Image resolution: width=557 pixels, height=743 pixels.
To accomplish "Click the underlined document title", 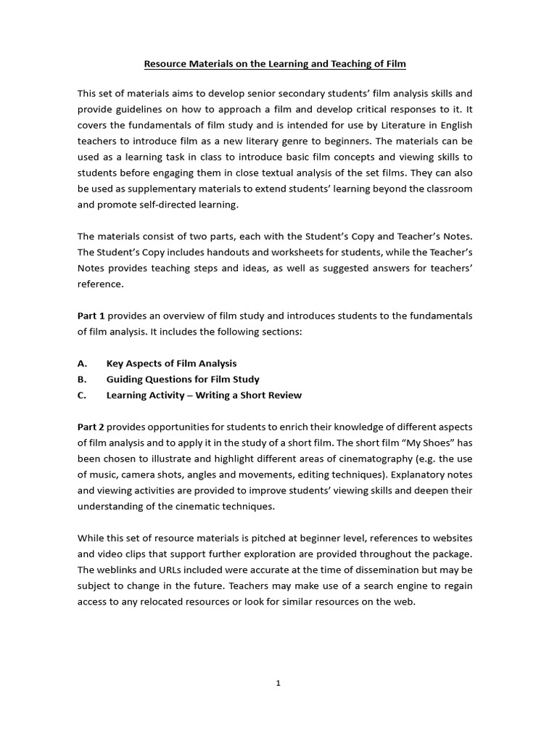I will [x=275, y=64].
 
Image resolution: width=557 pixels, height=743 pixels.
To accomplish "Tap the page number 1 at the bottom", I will [x=278, y=683].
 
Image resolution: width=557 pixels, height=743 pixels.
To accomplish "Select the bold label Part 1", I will [x=91, y=316].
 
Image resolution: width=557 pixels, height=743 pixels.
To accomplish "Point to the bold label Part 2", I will [x=91, y=426].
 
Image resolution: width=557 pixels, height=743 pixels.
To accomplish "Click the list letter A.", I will [x=81, y=364].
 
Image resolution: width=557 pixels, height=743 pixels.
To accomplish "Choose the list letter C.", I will [x=81, y=395].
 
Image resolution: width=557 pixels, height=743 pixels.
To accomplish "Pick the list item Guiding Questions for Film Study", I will [x=183, y=379].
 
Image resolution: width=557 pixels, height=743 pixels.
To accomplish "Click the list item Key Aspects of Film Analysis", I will [x=171, y=364].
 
